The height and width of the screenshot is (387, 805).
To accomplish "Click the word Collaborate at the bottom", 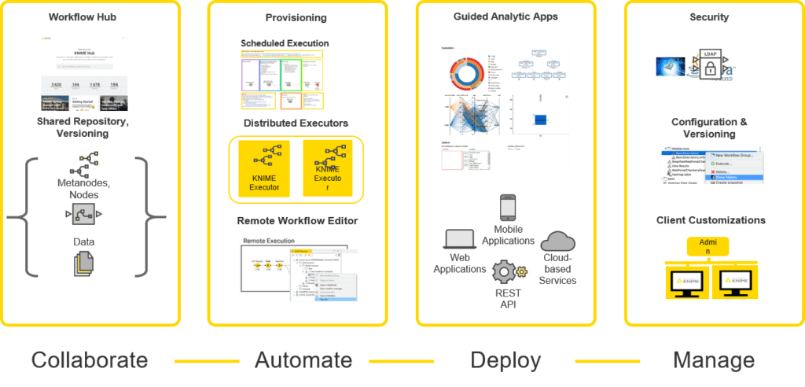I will pyautogui.click(x=90, y=360).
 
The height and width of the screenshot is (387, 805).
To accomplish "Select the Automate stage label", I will pyautogui.click(x=303, y=360).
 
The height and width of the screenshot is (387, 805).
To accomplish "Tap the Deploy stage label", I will pyautogui.click(x=505, y=360).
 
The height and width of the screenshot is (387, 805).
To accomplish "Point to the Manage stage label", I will pyautogui.click(x=714, y=360).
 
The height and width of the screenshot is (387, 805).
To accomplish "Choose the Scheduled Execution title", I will pyautogui.click(x=285, y=43).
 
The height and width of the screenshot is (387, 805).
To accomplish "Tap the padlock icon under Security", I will pyautogui.click(x=709, y=70).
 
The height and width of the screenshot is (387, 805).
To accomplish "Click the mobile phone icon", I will pyautogui.click(x=508, y=208).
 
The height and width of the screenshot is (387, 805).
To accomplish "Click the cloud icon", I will pyautogui.click(x=559, y=241).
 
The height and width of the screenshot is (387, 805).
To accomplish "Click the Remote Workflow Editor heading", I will pyautogui.click(x=297, y=221).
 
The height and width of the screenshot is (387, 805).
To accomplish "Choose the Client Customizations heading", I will pyautogui.click(x=711, y=220).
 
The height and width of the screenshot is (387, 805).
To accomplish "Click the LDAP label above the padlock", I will pyautogui.click(x=710, y=54).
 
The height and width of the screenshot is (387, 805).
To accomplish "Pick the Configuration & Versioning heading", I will pyautogui.click(x=711, y=127).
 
